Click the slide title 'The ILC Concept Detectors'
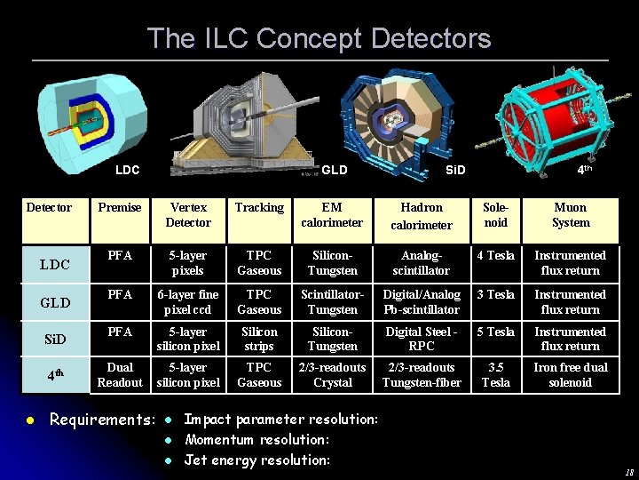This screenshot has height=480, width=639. point(319,38)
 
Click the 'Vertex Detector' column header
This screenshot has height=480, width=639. point(188,215)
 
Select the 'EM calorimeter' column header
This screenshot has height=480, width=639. point(332,215)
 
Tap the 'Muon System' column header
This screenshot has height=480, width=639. point(570,215)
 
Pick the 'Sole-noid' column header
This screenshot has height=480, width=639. point(495,215)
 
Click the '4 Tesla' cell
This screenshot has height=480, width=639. point(495,256)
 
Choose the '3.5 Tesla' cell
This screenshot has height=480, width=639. point(495,375)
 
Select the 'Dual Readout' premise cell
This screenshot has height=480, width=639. point(120,375)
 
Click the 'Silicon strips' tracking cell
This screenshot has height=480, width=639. point(259,339)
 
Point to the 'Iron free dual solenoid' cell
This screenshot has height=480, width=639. point(570,375)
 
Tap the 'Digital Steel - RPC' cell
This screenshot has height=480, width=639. point(421,339)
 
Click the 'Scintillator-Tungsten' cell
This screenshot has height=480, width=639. point(332,302)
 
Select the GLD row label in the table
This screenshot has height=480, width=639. point(55,302)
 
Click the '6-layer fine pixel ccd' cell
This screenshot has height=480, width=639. point(188,302)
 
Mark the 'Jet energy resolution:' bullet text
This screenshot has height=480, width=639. point(256,460)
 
